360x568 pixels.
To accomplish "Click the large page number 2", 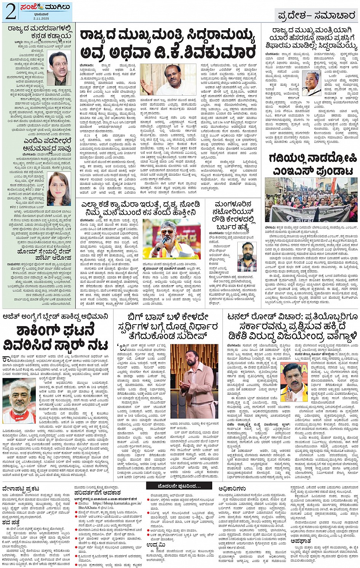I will [x=11, y=11].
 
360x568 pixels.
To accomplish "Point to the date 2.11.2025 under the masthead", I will [x=41, y=18].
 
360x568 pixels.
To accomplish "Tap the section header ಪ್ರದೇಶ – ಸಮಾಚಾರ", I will [x=316, y=16].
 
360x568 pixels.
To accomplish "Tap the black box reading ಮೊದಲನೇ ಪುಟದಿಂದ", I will [x=179, y=486].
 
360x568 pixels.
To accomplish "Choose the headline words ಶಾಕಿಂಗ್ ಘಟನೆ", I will [x=55, y=331].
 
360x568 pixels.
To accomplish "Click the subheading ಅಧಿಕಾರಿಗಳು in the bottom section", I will [x=232, y=489].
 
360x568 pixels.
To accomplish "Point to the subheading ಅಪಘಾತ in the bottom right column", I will [x=301, y=541].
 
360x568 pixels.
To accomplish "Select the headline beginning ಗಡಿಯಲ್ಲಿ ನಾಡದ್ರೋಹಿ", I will [x=312, y=158].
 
